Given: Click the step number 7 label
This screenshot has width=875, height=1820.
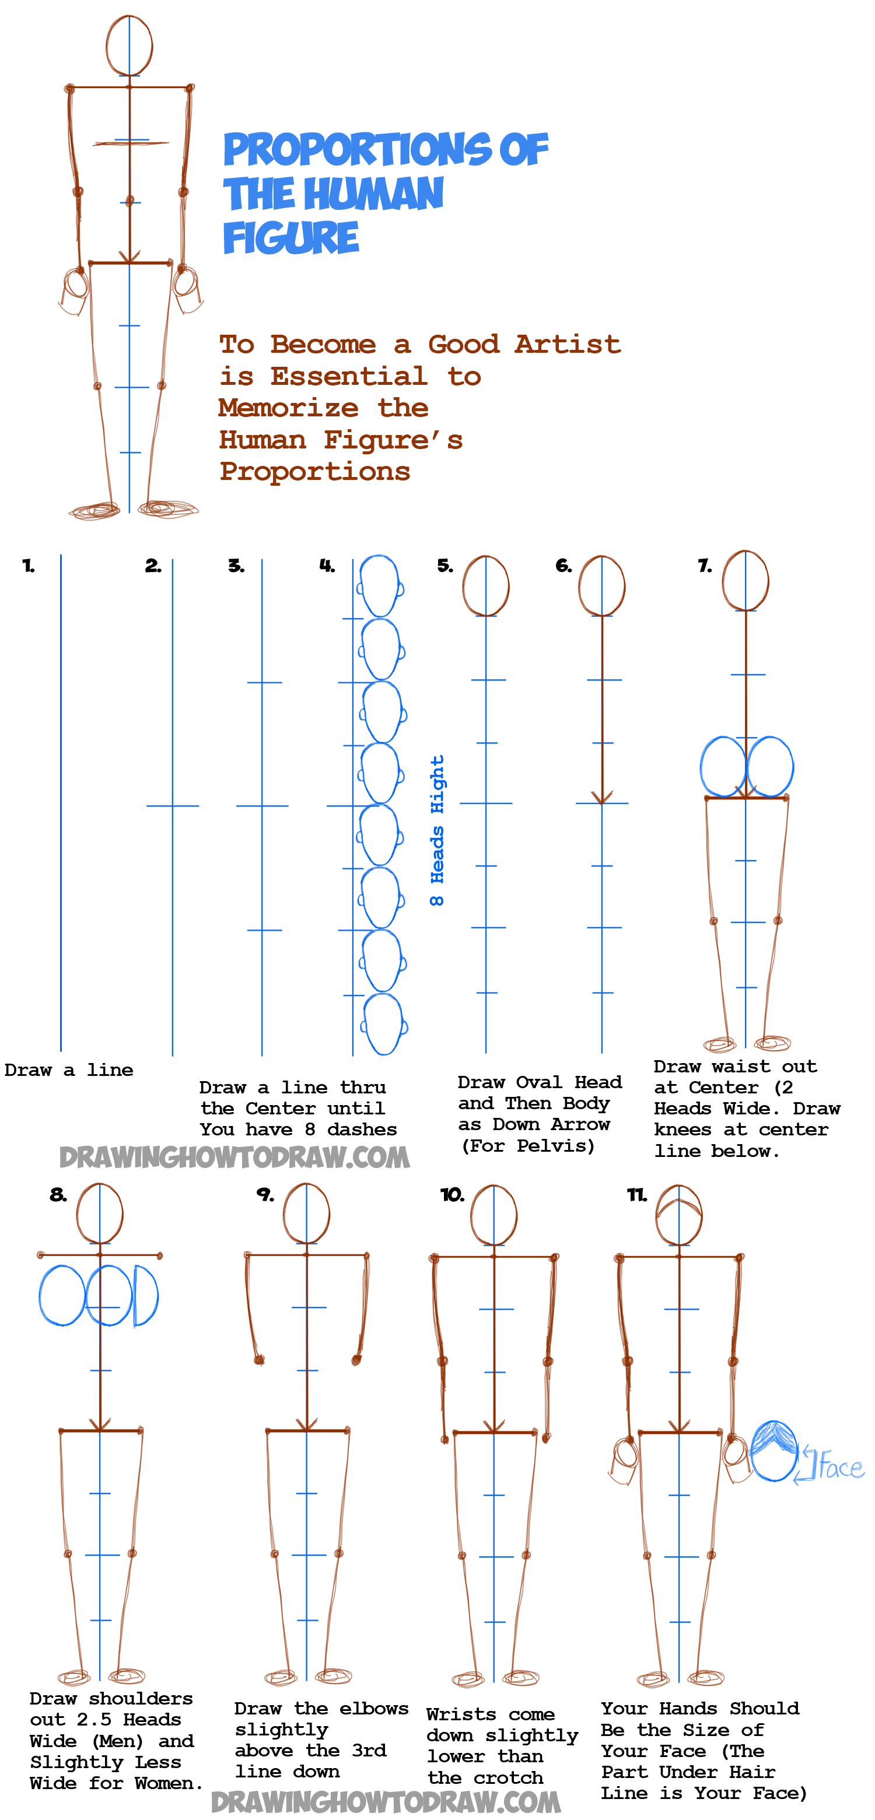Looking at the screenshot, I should pyautogui.click(x=705, y=565).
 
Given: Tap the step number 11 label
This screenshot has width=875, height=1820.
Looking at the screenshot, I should pyautogui.click(x=637, y=1195).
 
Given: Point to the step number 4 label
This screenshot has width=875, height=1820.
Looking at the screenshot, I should pyautogui.click(x=327, y=565).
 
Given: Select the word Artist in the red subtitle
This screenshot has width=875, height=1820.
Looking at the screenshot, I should pyautogui.click(x=568, y=344).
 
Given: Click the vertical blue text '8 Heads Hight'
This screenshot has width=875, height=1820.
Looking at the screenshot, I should pyautogui.click(x=437, y=830).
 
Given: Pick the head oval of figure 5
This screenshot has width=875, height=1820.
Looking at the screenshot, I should pyautogui.click(x=485, y=585).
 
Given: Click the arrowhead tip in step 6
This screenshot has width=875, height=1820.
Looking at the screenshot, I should pyautogui.click(x=602, y=802).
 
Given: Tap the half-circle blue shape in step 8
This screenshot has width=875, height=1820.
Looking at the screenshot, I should pyautogui.click(x=146, y=1296).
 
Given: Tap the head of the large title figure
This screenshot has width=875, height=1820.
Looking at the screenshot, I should pyautogui.click(x=129, y=45).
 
